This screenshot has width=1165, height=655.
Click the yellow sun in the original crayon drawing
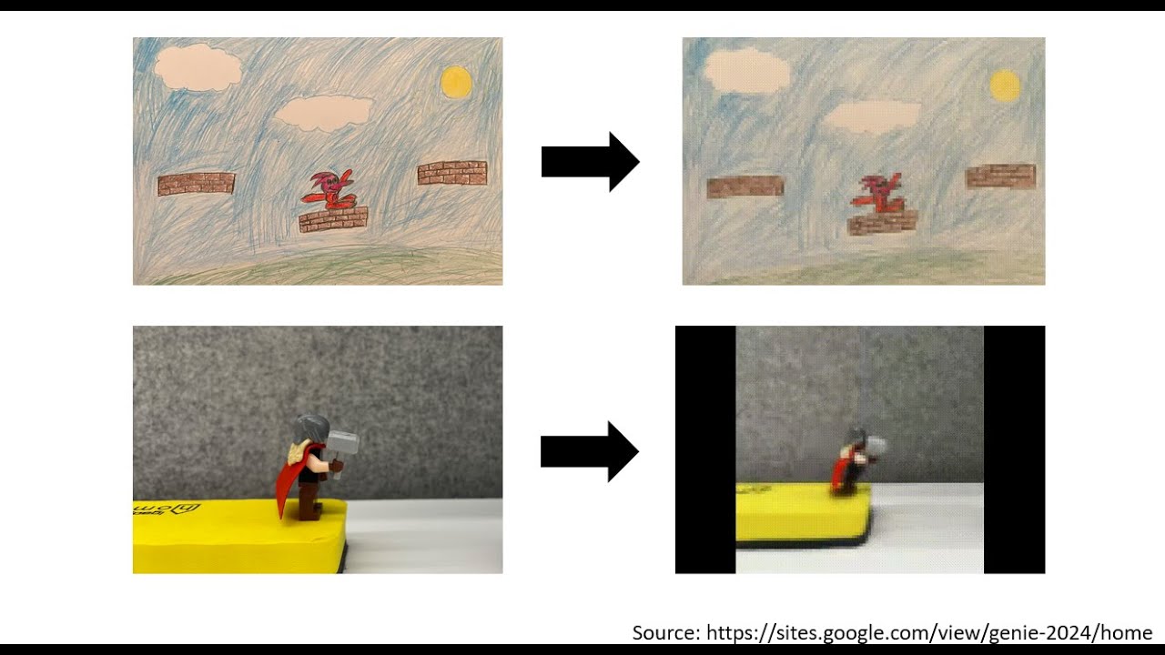coord(456,82)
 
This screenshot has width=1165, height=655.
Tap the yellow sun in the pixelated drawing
coord(1005,86)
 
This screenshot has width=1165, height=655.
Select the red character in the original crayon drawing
coord(329,189)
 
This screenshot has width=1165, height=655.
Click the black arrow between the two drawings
coord(591,162)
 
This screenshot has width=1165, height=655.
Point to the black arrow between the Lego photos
coord(590,451)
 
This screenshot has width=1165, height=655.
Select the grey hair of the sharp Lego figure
coord(310,429)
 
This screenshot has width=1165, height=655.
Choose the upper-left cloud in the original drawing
coord(198,67)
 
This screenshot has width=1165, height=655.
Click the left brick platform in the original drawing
coord(196,184)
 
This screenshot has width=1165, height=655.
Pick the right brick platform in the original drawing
coord(452,173)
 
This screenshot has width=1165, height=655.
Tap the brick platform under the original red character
coord(333,219)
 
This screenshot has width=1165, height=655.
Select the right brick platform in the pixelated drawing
coord(1000,176)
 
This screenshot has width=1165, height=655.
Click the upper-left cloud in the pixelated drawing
coord(746,71)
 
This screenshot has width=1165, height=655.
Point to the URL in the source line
coord(929,632)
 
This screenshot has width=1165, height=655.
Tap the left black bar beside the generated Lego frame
coord(705,449)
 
